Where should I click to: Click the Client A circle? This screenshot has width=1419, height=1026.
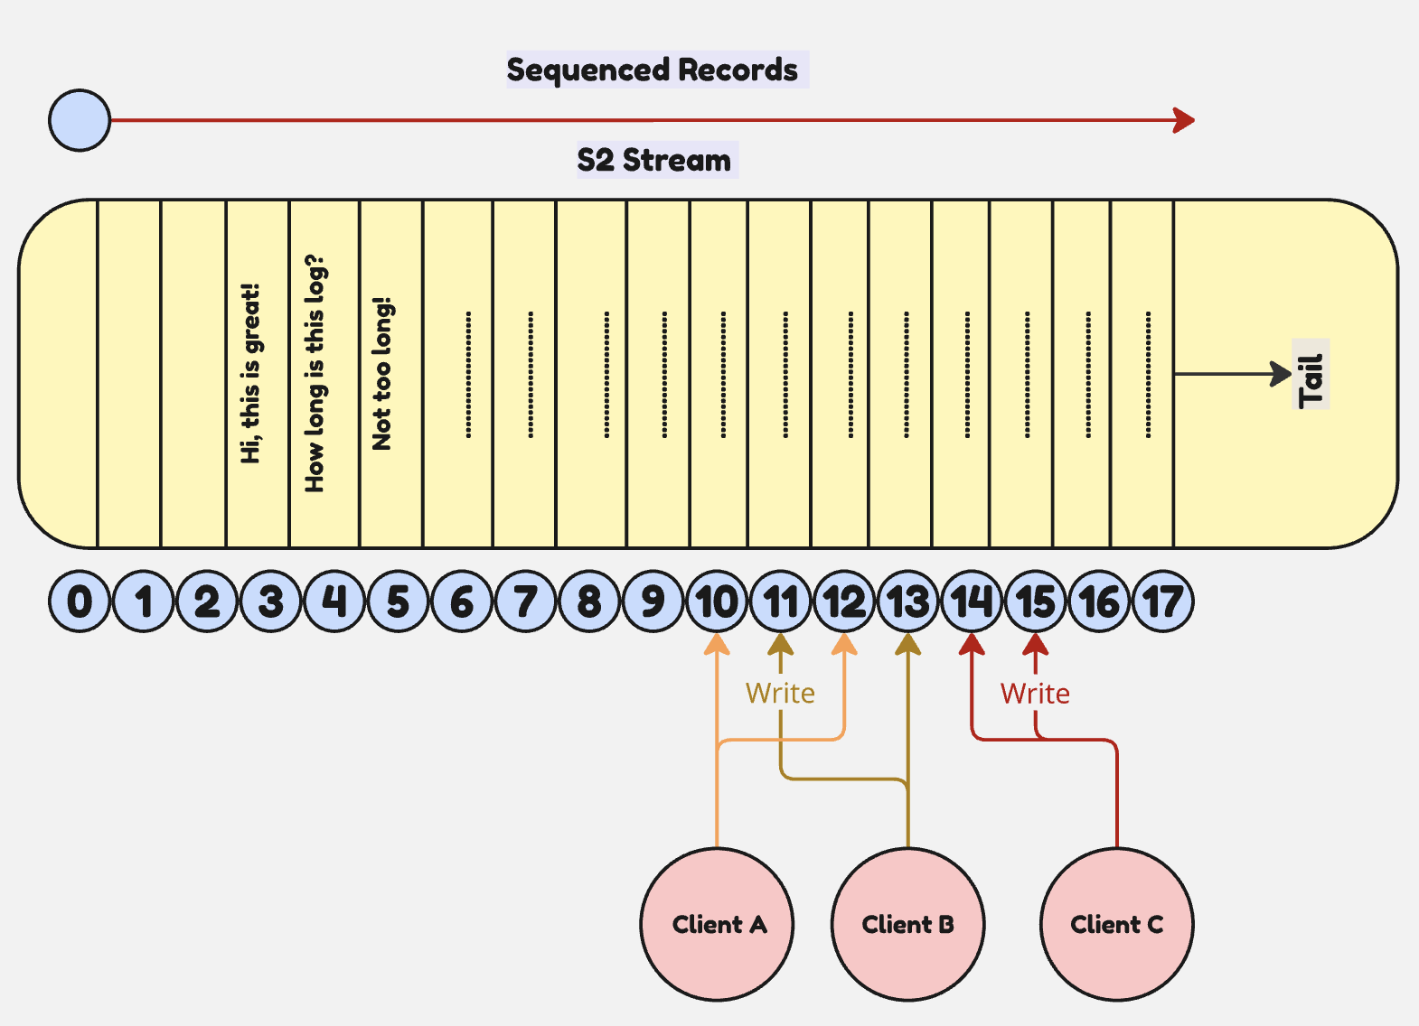717,924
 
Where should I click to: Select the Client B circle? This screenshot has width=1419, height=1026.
907,924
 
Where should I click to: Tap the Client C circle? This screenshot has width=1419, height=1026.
1116,924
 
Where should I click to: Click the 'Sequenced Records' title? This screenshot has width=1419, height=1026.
652,70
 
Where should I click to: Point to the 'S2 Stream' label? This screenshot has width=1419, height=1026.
654,160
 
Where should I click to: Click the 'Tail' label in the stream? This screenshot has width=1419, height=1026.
1311,374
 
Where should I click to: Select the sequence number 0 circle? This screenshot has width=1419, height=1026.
80,602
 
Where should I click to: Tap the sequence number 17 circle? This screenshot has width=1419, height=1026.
1162,602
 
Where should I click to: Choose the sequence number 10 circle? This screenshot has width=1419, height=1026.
717,602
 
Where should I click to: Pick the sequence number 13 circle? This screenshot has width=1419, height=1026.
907,602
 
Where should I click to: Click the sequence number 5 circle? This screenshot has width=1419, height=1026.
398,602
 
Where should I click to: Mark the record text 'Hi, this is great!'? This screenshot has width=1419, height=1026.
250,373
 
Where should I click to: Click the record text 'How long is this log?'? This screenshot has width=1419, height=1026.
315,373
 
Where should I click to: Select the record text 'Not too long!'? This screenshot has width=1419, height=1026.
381,373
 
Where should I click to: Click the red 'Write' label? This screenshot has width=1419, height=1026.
1035,693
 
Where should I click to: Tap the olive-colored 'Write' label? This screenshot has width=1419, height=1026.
780,693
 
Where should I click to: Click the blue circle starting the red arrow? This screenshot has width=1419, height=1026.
80,120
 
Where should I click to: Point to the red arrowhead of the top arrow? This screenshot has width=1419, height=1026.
1184,120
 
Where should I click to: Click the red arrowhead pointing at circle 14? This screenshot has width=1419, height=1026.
972,644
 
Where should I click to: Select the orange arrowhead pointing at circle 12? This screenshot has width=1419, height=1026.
844,644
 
